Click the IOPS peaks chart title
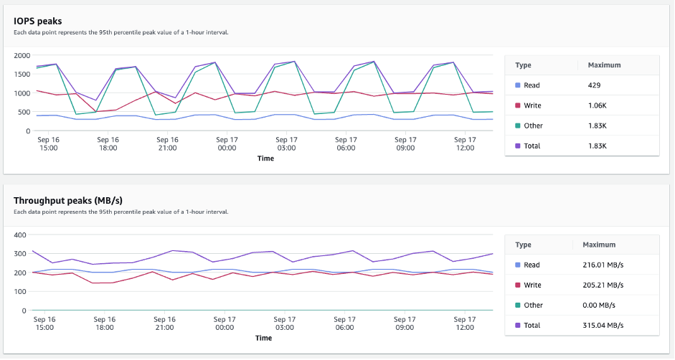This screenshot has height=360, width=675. click(37, 21)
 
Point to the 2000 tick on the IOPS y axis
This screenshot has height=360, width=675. click(22, 55)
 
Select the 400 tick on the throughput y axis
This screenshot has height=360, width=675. click(20, 235)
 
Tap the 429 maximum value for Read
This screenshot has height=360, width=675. click(595, 85)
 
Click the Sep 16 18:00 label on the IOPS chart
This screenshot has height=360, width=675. click(107, 143)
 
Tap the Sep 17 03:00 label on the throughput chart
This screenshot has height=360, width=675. click(285, 323)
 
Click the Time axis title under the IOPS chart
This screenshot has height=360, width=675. click(265, 158)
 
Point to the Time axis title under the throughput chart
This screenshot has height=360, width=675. click(263, 338)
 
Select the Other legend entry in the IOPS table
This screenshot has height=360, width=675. click(533, 125)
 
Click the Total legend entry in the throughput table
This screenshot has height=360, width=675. click(532, 325)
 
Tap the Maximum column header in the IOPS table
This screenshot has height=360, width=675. click(604, 65)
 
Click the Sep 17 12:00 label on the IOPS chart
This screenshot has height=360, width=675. click(465, 143)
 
